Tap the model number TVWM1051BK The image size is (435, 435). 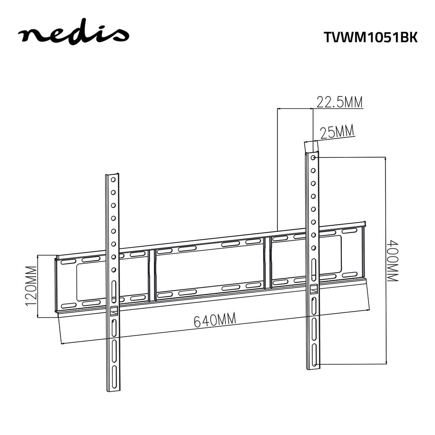pos(370,37)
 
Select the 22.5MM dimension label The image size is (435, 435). pos(340,102)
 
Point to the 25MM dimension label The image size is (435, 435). pos(337,132)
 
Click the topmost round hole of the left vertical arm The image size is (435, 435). pos(113,179)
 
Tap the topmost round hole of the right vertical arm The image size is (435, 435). pos(313,158)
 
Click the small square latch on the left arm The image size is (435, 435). pos(114,311)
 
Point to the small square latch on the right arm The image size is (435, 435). pos(314,289)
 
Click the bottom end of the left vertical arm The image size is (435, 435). pos(113,390)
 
